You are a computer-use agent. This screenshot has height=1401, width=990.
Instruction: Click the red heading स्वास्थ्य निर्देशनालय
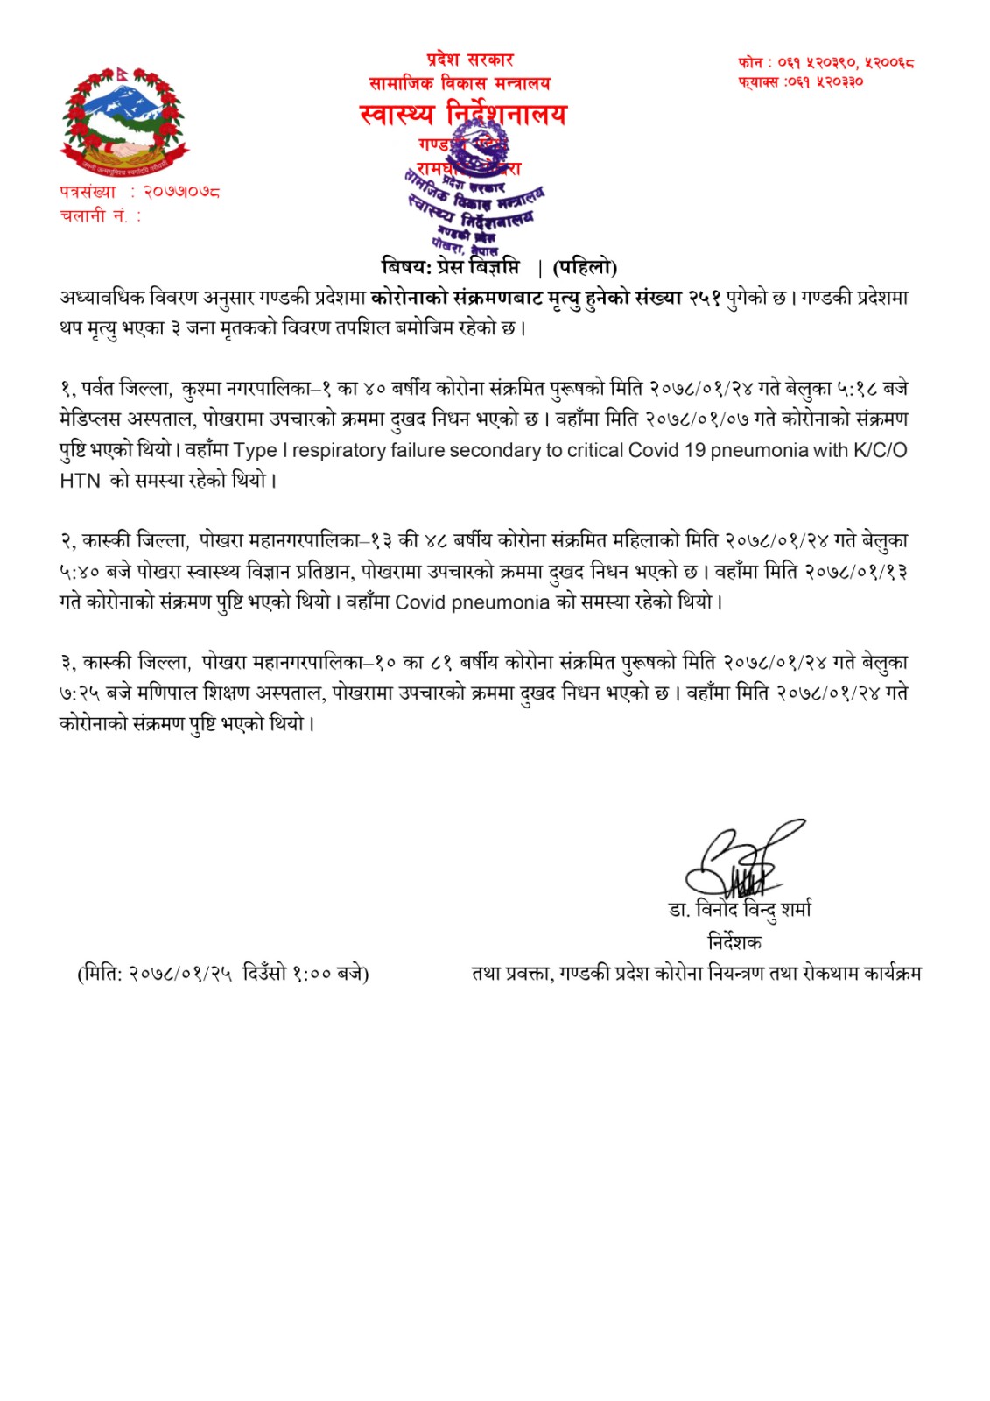pyautogui.click(x=463, y=115)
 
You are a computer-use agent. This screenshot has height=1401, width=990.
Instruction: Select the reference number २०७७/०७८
pyautogui.click(x=182, y=191)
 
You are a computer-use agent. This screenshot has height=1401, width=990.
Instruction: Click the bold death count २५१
pyautogui.click(x=704, y=298)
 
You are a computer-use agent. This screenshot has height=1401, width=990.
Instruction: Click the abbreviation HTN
pyautogui.click(x=80, y=481)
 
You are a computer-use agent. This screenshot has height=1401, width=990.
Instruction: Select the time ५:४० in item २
pyautogui.click(x=80, y=572)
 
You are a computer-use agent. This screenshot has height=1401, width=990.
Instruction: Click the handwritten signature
pyautogui.click(x=740, y=860)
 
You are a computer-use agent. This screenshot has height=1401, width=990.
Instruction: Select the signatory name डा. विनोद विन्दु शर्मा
pyautogui.click(x=740, y=910)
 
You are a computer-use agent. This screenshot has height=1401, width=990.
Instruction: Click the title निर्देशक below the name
pyautogui.click(x=734, y=942)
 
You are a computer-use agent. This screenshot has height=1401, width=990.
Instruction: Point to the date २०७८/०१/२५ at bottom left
pyautogui.click(x=181, y=974)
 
